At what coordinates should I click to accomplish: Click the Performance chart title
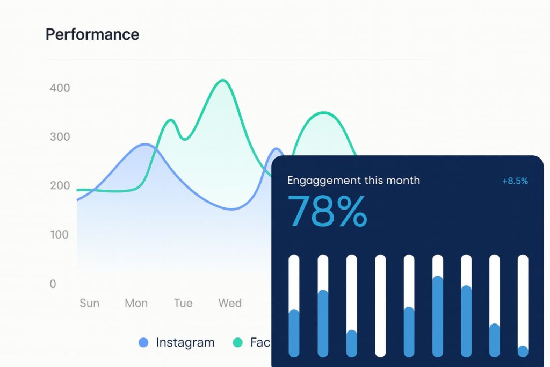coord(92,34)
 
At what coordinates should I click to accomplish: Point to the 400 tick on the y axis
coord(60,88)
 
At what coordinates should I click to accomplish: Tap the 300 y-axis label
coord(60,136)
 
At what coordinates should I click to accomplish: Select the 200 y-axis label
coord(60,185)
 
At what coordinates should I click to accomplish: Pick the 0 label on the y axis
coord(53,284)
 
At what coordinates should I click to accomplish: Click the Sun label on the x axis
coord(89,303)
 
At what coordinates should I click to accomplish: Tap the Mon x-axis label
coord(136,303)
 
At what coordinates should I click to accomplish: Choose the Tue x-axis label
coord(183,303)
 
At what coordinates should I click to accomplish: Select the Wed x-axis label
coord(230,303)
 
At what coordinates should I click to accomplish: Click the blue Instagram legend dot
coord(143,342)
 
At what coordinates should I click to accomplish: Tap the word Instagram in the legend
coord(185,342)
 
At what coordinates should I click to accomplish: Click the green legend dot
coord(237,342)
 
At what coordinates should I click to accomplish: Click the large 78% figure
coord(328,211)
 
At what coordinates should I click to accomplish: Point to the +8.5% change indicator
coord(515,181)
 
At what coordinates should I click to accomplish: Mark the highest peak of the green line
coord(223,81)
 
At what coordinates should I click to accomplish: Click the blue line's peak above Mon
coord(145,144)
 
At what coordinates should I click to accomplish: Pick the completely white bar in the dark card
coord(380,306)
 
